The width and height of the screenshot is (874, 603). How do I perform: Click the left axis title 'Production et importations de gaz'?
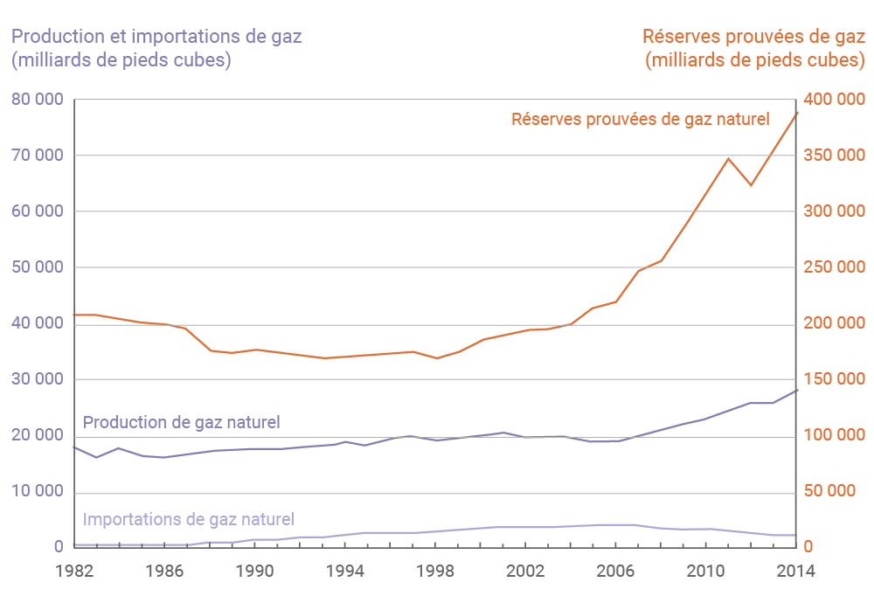pos(156,37)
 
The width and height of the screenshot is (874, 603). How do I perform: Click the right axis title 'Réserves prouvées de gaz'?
pos(753,37)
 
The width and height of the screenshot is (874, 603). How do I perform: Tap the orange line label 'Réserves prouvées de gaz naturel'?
pos(641,119)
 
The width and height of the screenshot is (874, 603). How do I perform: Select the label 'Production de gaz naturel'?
pos(181,422)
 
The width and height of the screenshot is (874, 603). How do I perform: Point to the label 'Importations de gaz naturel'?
pos(188,519)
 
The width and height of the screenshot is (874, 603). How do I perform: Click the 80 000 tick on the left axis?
pos(38,100)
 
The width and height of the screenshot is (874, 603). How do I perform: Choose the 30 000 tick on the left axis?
pos(38,379)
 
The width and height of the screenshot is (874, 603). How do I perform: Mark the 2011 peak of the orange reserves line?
pos(728,158)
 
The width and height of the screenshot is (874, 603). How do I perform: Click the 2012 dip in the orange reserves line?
pos(751,185)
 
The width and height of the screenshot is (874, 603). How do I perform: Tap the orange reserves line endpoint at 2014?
pos(796,113)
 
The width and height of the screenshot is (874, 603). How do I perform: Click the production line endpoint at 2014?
pos(796,391)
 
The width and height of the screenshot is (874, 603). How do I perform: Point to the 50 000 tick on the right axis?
pos(830,491)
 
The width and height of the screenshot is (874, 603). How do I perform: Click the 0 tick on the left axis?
pos(59,547)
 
